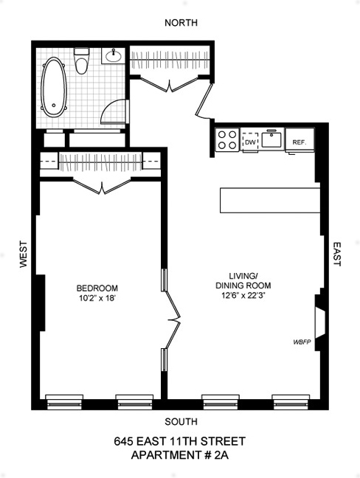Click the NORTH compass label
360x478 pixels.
181,22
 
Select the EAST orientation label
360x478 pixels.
337,254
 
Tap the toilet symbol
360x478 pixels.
82,62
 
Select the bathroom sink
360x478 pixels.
115,56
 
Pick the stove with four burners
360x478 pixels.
227,140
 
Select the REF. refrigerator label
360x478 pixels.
300,142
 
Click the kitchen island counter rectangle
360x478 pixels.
269,200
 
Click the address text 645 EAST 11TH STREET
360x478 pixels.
179,442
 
